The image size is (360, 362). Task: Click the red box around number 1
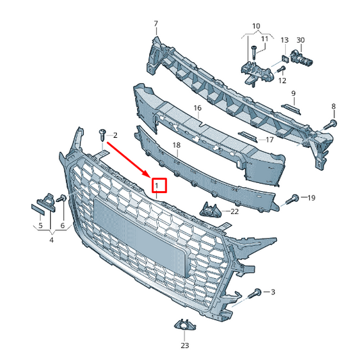click(x=159, y=184)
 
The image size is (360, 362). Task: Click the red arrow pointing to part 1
click(x=130, y=157)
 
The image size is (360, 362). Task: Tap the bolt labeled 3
click(x=257, y=292)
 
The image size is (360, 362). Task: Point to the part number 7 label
click(x=156, y=24)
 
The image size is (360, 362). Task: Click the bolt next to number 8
click(x=330, y=124)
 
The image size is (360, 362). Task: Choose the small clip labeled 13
click(x=284, y=60)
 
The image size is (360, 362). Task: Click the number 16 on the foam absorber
click(x=197, y=107)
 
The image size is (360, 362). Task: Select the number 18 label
click(x=176, y=145)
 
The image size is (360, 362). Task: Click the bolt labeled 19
click(x=294, y=199)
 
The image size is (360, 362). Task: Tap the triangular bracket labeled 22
click(x=211, y=209)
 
